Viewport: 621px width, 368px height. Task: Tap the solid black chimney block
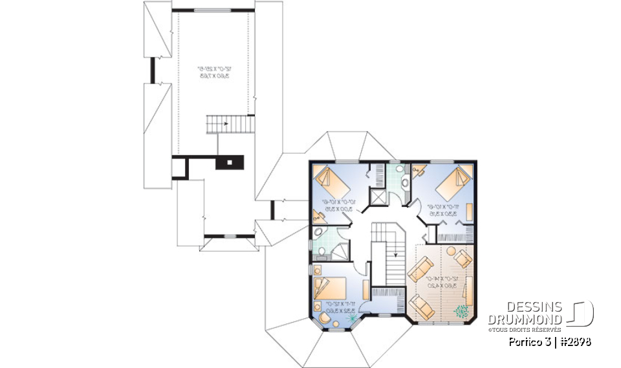pos(229,162)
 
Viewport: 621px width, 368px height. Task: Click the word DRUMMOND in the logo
pos(525,319)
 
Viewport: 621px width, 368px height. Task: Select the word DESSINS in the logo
pos(534,307)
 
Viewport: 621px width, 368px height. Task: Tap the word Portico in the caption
pos(521,341)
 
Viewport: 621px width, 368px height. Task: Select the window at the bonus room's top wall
pos(212,10)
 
